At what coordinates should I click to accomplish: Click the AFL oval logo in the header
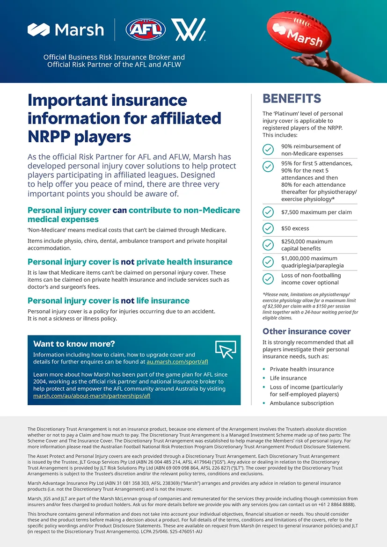146,29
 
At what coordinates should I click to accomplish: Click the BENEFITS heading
292,98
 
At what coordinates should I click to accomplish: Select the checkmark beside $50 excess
268,228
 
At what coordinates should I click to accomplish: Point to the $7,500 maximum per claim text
316,212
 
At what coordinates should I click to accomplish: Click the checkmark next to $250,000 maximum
268,245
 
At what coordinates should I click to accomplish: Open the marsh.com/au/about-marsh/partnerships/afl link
92,396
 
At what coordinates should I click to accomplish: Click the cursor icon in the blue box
225,349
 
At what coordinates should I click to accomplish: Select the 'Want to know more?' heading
74,344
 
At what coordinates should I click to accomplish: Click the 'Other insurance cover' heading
307,331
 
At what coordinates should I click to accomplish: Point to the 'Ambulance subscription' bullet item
302,403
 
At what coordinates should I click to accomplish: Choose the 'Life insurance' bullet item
288,378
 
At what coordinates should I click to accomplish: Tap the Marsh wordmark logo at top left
66,30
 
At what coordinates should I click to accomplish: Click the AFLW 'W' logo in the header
188,29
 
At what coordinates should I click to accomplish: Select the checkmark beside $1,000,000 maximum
268,262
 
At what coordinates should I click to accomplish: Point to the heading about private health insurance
130,262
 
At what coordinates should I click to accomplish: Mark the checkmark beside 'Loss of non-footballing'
268,279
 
